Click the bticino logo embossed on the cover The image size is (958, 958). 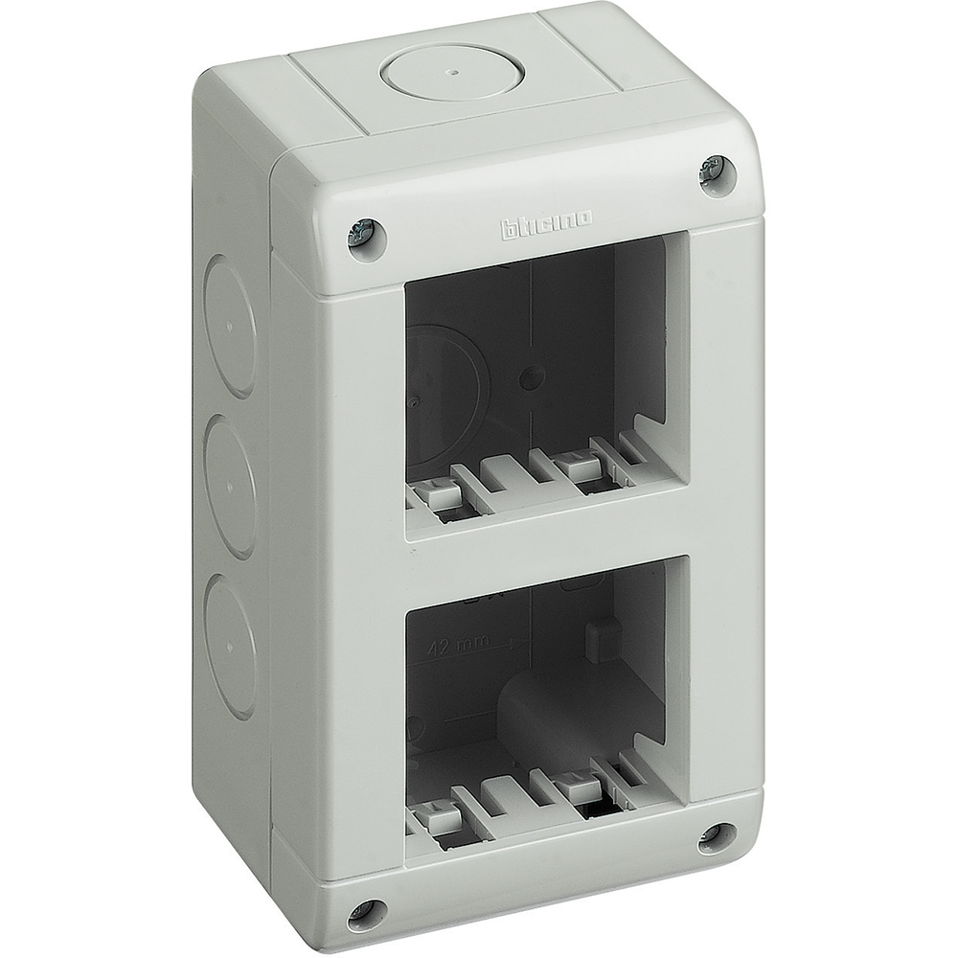point(545,222)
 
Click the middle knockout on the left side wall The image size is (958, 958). point(230,486)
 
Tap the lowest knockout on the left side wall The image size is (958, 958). point(229,644)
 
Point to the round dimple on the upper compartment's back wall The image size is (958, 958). point(524,377)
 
